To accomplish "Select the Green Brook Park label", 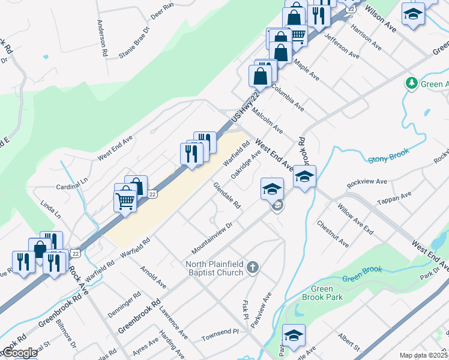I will click(x=322, y=293).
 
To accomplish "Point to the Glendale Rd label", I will click(x=227, y=196).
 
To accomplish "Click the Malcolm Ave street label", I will click(x=268, y=120).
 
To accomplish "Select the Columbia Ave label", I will click(x=288, y=97).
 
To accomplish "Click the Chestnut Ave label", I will click(x=333, y=234).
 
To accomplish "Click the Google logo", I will click(x=19, y=353).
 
